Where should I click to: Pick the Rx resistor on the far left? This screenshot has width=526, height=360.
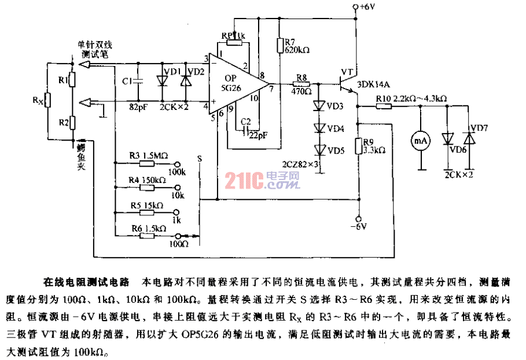click(49, 100)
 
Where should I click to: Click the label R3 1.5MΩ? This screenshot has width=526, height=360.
click(148, 155)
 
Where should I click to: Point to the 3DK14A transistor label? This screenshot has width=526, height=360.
click(377, 83)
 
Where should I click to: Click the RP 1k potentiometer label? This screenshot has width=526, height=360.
click(233, 35)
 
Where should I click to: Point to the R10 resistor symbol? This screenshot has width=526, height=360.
click(382, 106)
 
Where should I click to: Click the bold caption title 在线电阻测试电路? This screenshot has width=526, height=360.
click(86, 283)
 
